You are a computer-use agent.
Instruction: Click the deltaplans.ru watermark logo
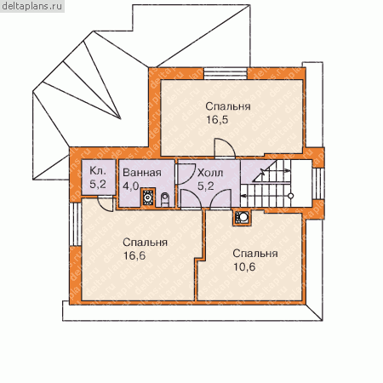point(32,6)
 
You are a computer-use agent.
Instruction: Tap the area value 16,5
point(217,120)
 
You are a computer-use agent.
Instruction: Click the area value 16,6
point(134,255)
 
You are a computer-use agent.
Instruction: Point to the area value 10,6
point(244,266)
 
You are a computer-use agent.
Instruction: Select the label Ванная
point(142,173)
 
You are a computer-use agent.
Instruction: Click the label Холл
point(210,173)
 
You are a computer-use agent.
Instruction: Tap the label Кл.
point(98,171)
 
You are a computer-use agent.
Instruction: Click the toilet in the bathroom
point(165,199)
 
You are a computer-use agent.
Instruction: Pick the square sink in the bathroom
point(148,197)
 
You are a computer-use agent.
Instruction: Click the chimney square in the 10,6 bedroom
point(242,218)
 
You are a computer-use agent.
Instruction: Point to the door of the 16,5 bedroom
point(225,148)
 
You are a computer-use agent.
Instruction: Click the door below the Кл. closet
point(106,203)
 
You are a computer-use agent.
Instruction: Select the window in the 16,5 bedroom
point(226,73)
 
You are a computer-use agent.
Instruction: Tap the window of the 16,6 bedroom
point(76,224)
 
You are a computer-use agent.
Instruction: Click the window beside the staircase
point(318,184)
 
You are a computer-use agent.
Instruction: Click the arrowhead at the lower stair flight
point(243,196)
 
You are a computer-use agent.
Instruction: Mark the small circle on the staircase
point(290,196)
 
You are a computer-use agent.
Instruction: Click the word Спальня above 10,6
point(255,254)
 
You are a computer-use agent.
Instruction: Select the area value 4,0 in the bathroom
point(131,186)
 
